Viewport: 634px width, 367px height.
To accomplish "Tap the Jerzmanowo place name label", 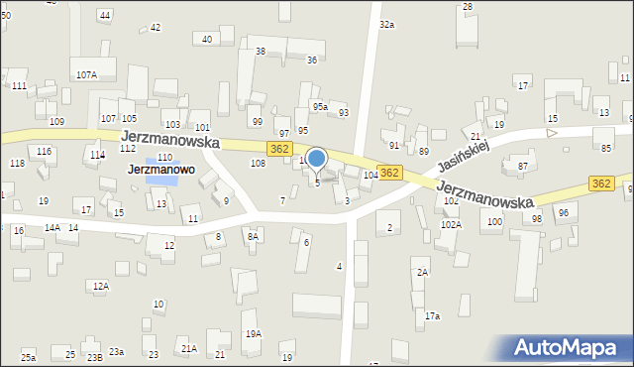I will pyautogui.click(x=160, y=170).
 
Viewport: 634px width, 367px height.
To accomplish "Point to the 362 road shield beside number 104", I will pyautogui.click(x=389, y=173).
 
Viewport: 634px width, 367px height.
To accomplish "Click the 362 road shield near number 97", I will pyautogui.click(x=279, y=148).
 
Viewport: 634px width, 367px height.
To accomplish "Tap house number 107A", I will pyautogui.click(x=86, y=74).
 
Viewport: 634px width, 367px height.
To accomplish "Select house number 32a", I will pyautogui.click(x=386, y=24).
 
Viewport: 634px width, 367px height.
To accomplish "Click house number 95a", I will pyautogui.click(x=320, y=106).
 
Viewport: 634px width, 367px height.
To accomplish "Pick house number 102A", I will pyautogui.click(x=451, y=225).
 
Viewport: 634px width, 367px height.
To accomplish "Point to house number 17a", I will pyautogui.click(x=432, y=315).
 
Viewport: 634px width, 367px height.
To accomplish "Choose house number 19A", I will pyautogui.click(x=254, y=333).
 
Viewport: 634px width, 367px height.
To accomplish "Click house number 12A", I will pyautogui.click(x=100, y=286).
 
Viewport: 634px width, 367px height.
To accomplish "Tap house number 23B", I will pyautogui.click(x=94, y=356).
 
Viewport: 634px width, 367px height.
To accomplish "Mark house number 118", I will pyautogui.click(x=17, y=163).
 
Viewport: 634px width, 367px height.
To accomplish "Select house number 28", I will pyautogui.click(x=468, y=7).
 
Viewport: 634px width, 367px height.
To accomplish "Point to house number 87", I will pyautogui.click(x=522, y=166).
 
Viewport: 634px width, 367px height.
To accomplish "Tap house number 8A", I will pyautogui.click(x=253, y=236).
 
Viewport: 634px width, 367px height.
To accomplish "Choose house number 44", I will pyautogui.click(x=104, y=16).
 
